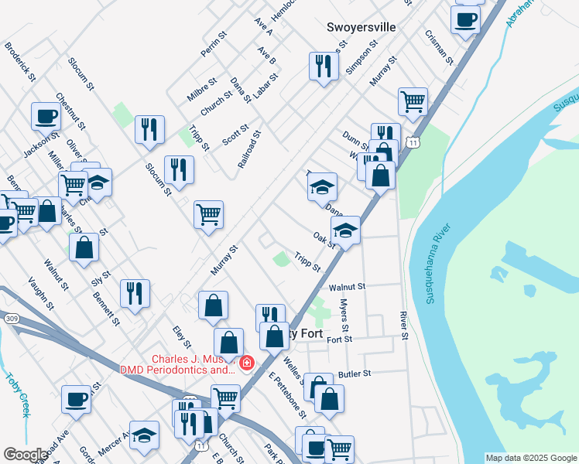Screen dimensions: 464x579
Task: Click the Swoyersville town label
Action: [x=361, y=27]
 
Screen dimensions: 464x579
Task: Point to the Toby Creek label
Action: [x=17, y=395]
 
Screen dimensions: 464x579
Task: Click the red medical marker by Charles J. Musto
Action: [x=247, y=362]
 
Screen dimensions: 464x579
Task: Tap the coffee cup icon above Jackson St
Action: [x=46, y=117]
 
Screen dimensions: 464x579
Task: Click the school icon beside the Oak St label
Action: [x=345, y=230]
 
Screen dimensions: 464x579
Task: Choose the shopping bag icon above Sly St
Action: [x=84, y=248]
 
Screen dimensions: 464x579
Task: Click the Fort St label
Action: [x=339, y=339]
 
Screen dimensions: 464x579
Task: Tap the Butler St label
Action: [x=355, y=373]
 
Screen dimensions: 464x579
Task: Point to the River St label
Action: [x=403, y=325]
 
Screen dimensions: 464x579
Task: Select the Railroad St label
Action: [x=249, y=148]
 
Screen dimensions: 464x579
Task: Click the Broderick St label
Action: [x=20, y=62]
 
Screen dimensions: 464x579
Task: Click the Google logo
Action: [x=26, y=455]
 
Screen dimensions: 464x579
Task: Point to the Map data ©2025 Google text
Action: [x=532, y=458]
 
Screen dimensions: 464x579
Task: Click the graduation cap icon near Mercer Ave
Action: [x=144, y=435]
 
